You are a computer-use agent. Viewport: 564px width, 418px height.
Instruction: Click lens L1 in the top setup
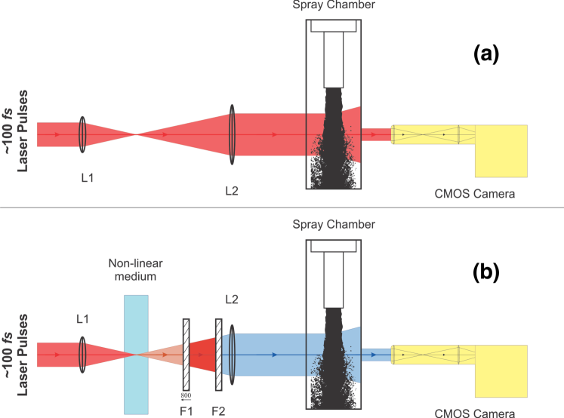[x=82, y=134]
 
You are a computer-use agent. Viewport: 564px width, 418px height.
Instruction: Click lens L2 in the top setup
[x=232, y=134]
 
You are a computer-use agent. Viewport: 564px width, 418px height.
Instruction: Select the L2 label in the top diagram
[x=232, y=189]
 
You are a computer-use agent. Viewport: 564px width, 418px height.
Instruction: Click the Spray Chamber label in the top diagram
[x=334, y=6]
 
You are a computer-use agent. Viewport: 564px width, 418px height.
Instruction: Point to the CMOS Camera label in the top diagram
[x=476, y=194]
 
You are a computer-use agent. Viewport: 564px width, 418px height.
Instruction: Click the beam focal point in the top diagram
[x=136, y=134]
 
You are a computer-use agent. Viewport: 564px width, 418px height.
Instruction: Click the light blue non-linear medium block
[x=136, y=354]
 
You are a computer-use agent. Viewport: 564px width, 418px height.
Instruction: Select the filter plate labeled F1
[x=186, y=354]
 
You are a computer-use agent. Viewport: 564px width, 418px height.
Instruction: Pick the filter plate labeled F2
[x=219, y=354]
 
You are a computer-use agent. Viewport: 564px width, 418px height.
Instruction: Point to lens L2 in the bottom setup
[x=232, y=354]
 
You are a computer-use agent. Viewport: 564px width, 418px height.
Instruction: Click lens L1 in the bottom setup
[x=82, y=354]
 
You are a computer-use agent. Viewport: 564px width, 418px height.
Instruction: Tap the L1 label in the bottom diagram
[x=82, y=318]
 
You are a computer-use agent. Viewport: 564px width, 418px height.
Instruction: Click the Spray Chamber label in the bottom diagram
[x=334, y=225]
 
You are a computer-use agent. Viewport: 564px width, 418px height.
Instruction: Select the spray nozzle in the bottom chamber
[x=334, y=279]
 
